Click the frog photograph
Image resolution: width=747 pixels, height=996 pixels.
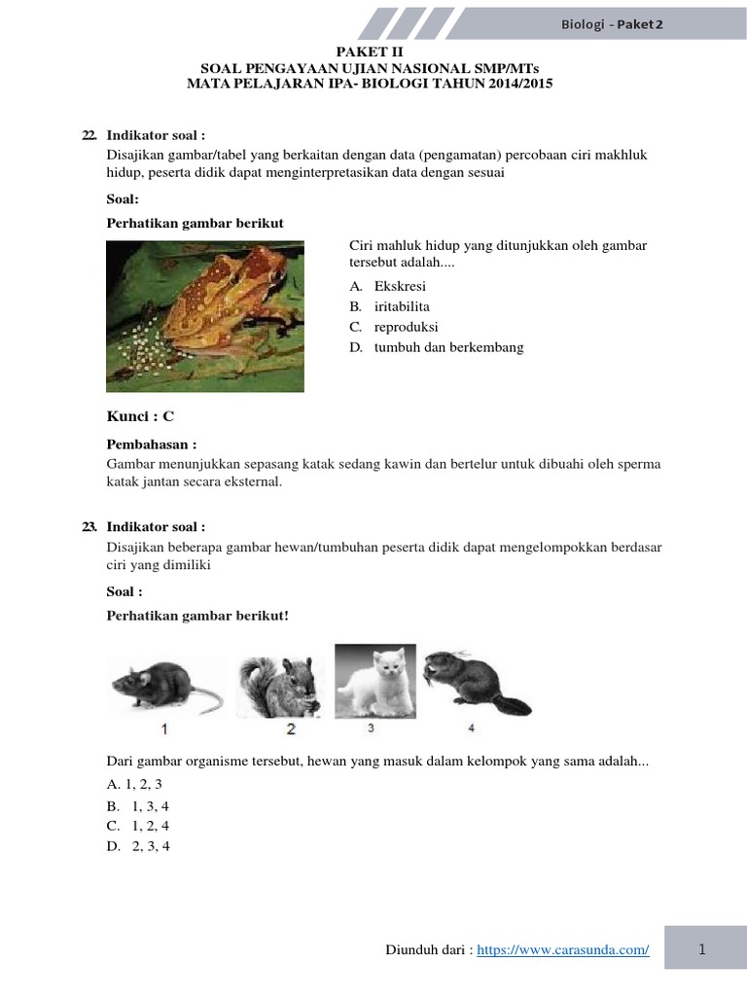[x=204, y=316]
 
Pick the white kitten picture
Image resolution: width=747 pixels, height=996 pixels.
[x=374, y=680]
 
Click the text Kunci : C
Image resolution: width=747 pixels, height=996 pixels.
[x=140, y=416]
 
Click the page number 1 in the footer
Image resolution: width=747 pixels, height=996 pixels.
[x=700, y=948]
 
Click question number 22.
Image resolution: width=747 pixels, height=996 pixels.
[x=90, y=135]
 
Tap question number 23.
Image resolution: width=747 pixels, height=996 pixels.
[x=90, y=526]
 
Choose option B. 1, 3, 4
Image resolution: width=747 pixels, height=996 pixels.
[x=137, y=806]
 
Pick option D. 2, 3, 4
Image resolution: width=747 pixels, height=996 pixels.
[x=138, y=846]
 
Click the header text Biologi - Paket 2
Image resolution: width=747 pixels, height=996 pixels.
[x=613, y=24]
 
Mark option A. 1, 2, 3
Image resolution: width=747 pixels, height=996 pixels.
[x=134, y=784]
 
